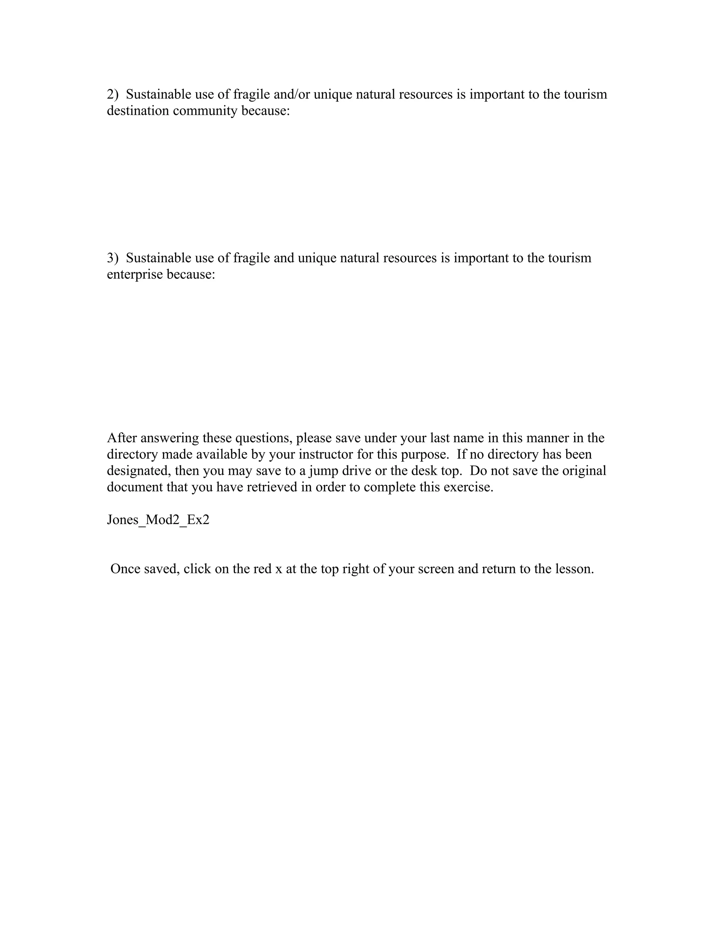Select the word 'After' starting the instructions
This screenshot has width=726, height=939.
[x=122, y=438]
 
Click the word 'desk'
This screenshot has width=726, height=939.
[x=424, y=471]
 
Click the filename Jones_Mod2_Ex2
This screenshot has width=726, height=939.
[x=158, y=520]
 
